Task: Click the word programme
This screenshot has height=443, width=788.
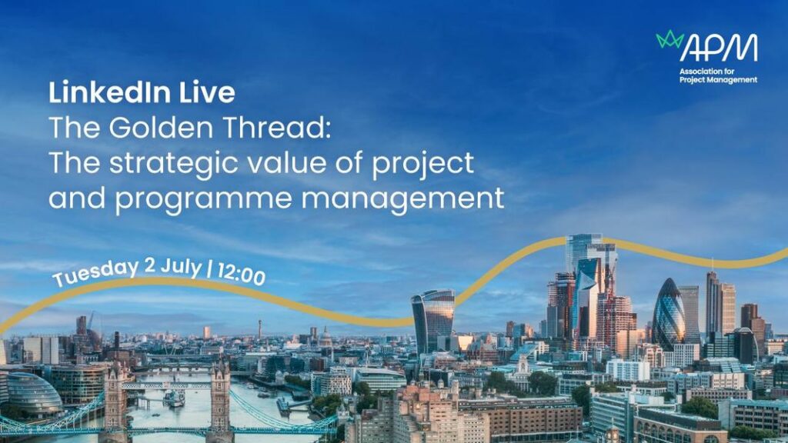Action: (203, 199)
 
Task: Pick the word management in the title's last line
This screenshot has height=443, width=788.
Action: (402, 198)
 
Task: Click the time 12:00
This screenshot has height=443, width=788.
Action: (241, 275)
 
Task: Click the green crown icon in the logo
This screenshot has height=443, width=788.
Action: (670, 39)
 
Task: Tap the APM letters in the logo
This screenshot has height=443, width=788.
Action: (719, 48)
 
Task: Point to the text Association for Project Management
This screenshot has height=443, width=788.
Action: (718, 75)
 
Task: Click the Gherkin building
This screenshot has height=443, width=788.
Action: (669, 315)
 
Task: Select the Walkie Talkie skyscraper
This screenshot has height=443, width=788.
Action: (432, 321)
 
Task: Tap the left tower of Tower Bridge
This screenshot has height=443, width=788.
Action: (116, 399)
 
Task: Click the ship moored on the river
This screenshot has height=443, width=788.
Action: (174, 398)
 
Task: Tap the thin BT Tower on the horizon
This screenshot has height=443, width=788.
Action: (259, 329)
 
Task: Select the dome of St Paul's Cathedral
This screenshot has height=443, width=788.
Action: (326, 337)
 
